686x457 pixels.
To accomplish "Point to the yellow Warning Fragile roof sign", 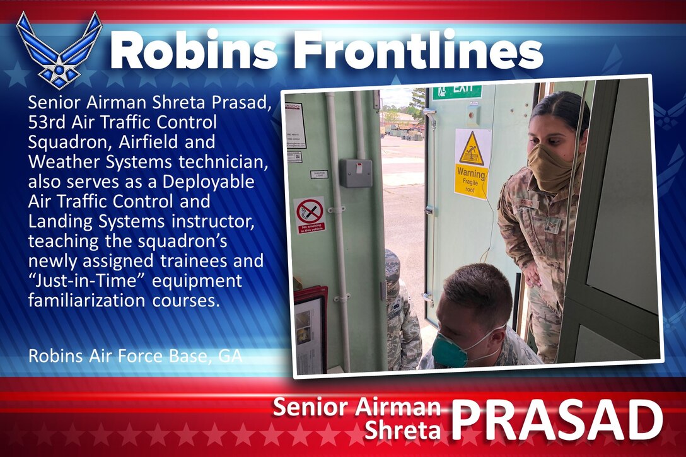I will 472,164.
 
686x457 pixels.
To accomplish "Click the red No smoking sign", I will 310,215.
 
